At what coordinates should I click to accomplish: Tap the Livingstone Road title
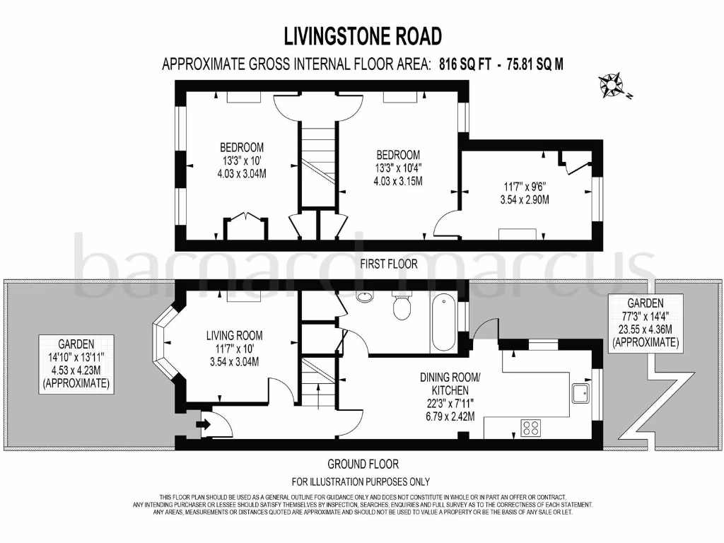pos(362,35)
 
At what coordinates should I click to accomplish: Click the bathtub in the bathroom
pos(443,322)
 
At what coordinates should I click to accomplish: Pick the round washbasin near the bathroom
pos(365,296)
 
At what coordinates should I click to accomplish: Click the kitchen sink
pos(580,393)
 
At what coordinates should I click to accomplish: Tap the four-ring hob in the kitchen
pos(530,428)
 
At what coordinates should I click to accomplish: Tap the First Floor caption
pos(388,264)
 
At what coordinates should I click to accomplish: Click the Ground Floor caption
pos(363,465)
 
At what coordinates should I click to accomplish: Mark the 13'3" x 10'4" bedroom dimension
pos(398,168)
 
